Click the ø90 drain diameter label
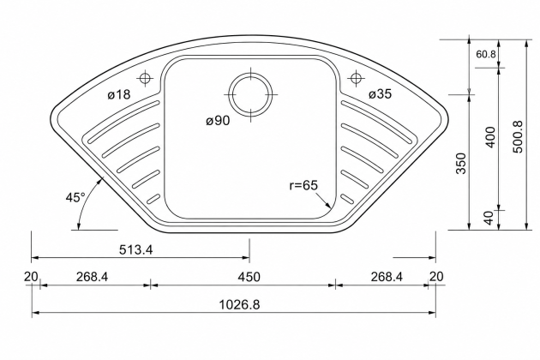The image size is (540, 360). click(218, 121)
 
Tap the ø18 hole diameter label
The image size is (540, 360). click(119, 94)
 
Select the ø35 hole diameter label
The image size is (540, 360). click(381, 93)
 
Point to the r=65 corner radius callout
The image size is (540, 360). click(303, 185)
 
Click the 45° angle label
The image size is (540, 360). click(75, 197)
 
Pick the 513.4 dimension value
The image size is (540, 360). click(135, 249)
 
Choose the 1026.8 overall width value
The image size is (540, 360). click(240, 304)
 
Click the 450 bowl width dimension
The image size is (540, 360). click(249, 277)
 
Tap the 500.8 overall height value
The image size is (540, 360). click(518, 136)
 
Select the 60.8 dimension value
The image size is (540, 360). click(486, 54)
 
